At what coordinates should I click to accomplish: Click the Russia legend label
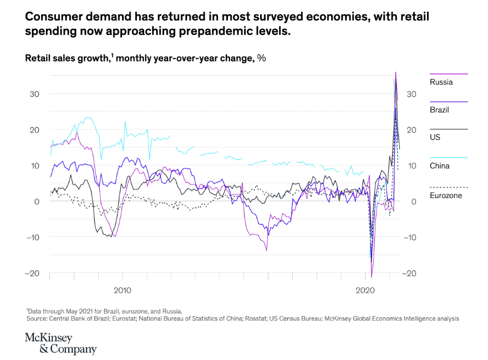click(441, 82)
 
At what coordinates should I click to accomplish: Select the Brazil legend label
click(439, 110)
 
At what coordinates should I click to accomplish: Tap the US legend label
click(435, 137)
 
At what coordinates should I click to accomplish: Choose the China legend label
click(439, 166)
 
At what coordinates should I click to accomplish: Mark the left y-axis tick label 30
click(34, 94)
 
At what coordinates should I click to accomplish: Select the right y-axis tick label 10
click(411, 166)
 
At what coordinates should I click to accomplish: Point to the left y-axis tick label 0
click(37, 201)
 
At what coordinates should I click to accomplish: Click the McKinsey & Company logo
click(60, 344)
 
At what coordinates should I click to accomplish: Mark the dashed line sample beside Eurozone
click(449, 187)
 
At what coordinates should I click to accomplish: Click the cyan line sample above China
click(449, 158)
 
